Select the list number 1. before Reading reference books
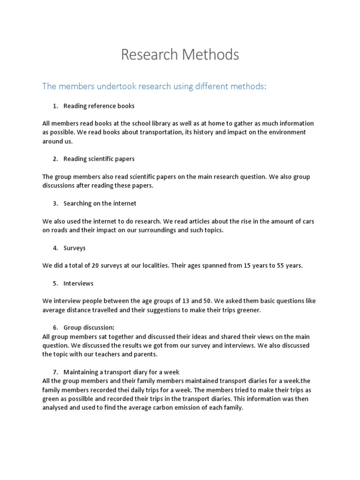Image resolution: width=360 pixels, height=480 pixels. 55,106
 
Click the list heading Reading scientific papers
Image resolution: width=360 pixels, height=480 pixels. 99,159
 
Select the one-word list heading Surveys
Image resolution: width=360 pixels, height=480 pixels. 75,248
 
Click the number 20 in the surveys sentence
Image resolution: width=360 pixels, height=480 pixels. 95,265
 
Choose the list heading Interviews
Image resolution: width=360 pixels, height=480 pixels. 78,283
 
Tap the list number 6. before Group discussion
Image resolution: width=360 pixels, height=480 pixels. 55,327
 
